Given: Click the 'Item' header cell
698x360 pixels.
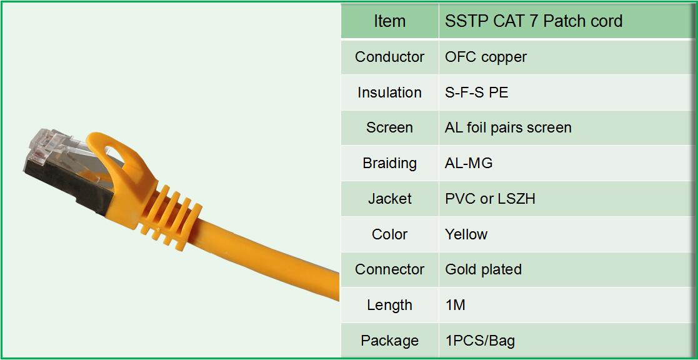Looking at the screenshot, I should tap(389, 21).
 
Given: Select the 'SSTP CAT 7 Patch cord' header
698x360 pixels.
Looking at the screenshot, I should tap(534, 21).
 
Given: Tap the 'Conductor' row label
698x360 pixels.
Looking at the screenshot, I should tap(389, 57).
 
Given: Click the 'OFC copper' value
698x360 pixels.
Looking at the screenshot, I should tap(486, 57).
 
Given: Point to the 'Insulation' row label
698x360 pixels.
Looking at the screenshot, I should tap(389, 92).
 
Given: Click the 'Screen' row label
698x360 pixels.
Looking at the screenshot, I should tap(389, 127).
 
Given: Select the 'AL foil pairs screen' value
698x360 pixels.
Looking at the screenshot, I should tap(508, 127).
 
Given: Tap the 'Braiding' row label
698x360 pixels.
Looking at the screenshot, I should tap(389, 163).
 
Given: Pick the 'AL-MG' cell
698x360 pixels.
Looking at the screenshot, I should tap(469, 163).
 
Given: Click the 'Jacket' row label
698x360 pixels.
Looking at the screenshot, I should tap(389, 199).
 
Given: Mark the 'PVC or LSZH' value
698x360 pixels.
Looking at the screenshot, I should tap(490, 199).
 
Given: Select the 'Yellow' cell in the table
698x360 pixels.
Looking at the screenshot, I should tap(466, 234).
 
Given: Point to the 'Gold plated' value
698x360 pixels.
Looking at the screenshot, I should tap(483, 269).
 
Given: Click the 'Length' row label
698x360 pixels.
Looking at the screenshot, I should tap(389, 305).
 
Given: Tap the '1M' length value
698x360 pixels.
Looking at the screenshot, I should tap(455, 305).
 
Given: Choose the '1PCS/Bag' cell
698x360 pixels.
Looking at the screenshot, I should tap(480, 341).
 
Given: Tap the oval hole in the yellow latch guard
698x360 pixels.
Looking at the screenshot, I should tap(119, 156).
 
